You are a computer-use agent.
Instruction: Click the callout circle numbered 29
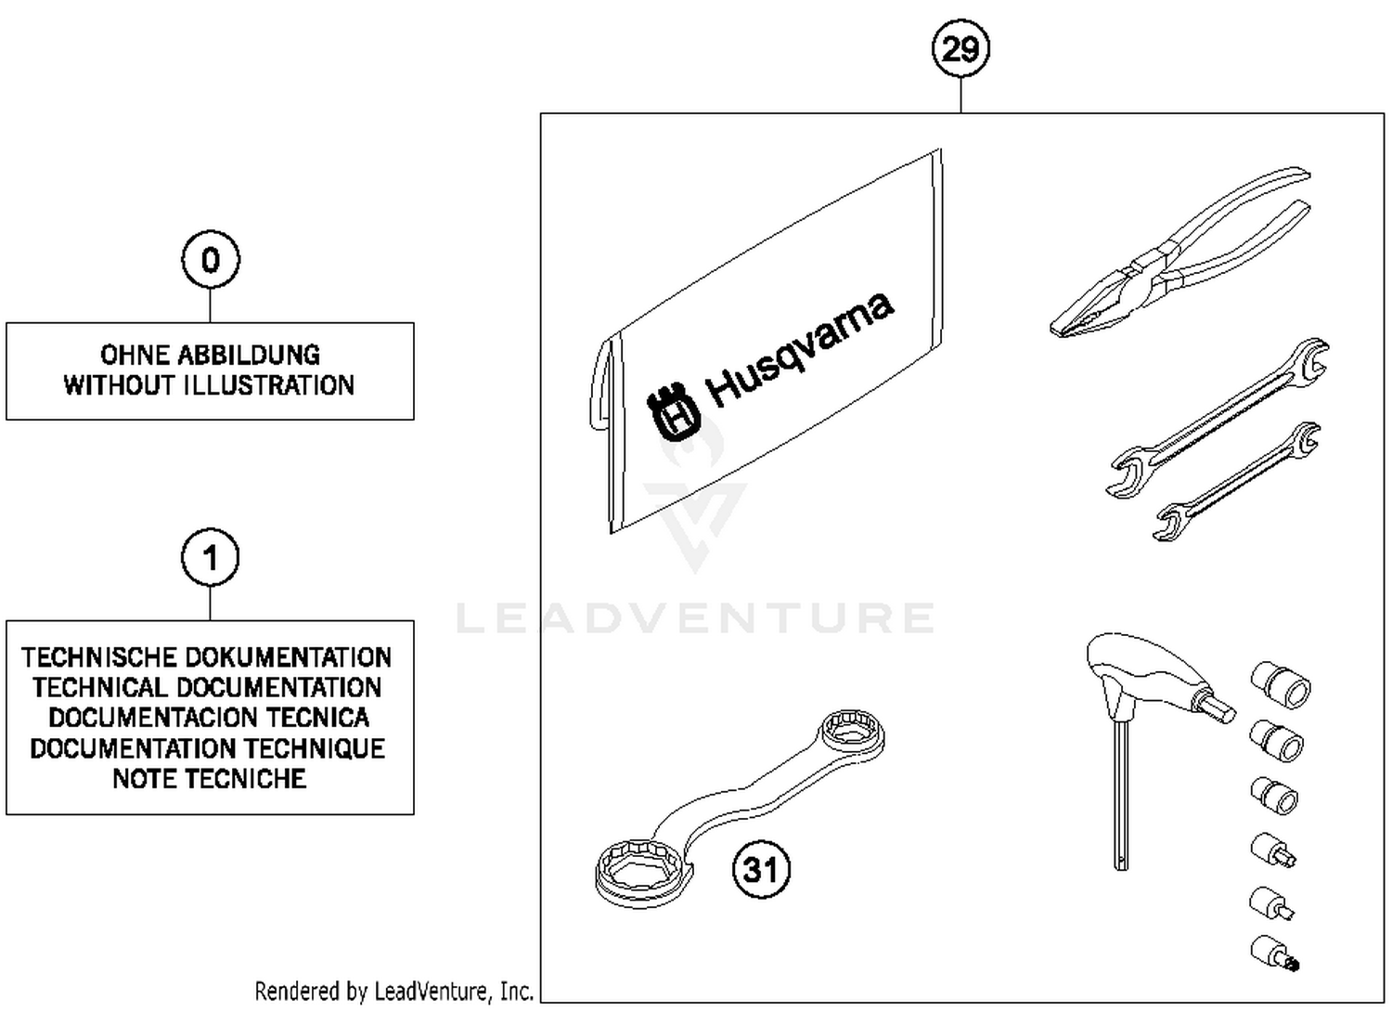(960, 47)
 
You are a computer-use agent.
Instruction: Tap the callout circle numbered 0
(211, 260)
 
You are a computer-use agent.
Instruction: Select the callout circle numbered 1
(211, 558)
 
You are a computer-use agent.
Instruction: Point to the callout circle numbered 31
(761, 869)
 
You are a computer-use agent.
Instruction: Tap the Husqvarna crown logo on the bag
(672, 414)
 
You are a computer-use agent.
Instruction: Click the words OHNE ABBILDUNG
(210, 355)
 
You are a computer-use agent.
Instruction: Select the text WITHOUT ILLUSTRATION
(210, 385)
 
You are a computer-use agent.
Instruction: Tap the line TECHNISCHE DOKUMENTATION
(207, 657)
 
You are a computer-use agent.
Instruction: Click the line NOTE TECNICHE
(210, 778)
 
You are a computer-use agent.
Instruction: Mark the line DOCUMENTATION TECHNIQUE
(207, 748)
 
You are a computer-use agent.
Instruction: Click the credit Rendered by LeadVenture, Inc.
(393, 992)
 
